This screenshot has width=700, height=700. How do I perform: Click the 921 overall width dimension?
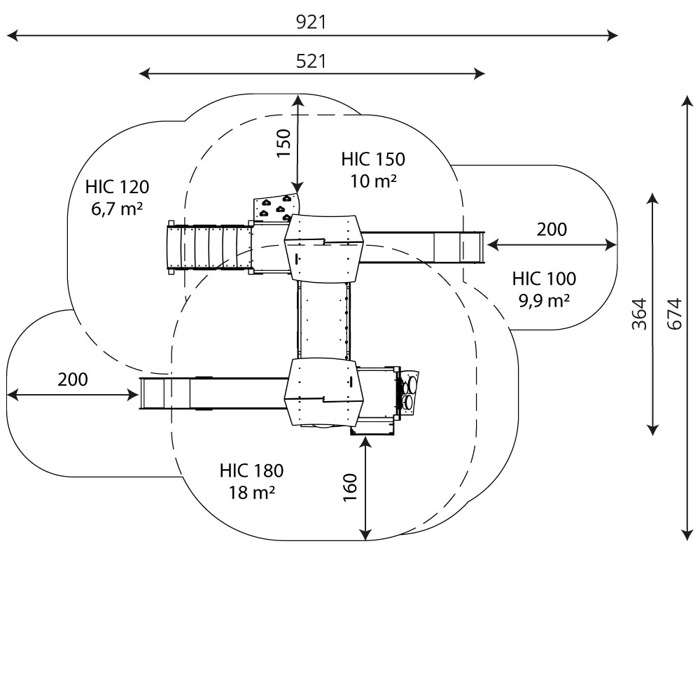(x=311, y=22)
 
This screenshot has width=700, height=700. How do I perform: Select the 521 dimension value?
(x=311, y=61)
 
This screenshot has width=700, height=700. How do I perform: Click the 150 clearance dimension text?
(x=283, y=143)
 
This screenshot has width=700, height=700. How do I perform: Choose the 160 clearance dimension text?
(x=350, y=487)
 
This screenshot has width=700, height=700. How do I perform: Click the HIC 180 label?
(x=251, y=470)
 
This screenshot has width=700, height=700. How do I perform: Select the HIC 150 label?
(x=373, y=159)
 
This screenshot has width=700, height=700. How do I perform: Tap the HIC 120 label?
(x=118, y=187)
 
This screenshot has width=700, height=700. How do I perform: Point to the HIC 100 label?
(x=544, y=279)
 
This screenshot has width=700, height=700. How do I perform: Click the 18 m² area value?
(x=251, y=493)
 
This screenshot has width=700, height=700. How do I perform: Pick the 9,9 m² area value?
(x=544, y=301)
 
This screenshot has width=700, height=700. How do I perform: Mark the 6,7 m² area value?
(x=118, y=209)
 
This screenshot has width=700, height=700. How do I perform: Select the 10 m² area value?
(x=374, y=181)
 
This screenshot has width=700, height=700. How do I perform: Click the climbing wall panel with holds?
(x=275, y=209)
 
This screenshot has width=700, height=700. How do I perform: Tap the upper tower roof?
(x=323, y=247)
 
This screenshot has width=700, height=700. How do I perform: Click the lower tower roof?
(x=323, y=391)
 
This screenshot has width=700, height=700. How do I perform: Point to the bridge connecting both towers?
(x=323, y=318)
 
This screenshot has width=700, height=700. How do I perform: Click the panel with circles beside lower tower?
(x=409, y=392)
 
